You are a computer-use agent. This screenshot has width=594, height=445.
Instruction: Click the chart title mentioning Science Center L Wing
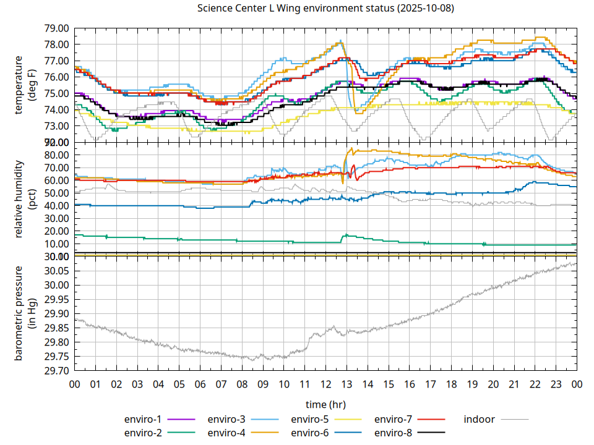click(325, 9)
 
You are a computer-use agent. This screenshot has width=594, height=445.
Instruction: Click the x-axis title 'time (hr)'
click(325, 404)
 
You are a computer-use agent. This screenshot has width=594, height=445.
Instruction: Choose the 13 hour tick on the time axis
click(346, 384)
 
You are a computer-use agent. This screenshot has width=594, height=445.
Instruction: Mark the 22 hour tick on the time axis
click(535, 384)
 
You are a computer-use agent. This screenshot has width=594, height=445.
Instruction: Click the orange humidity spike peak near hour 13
click(351, 148)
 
